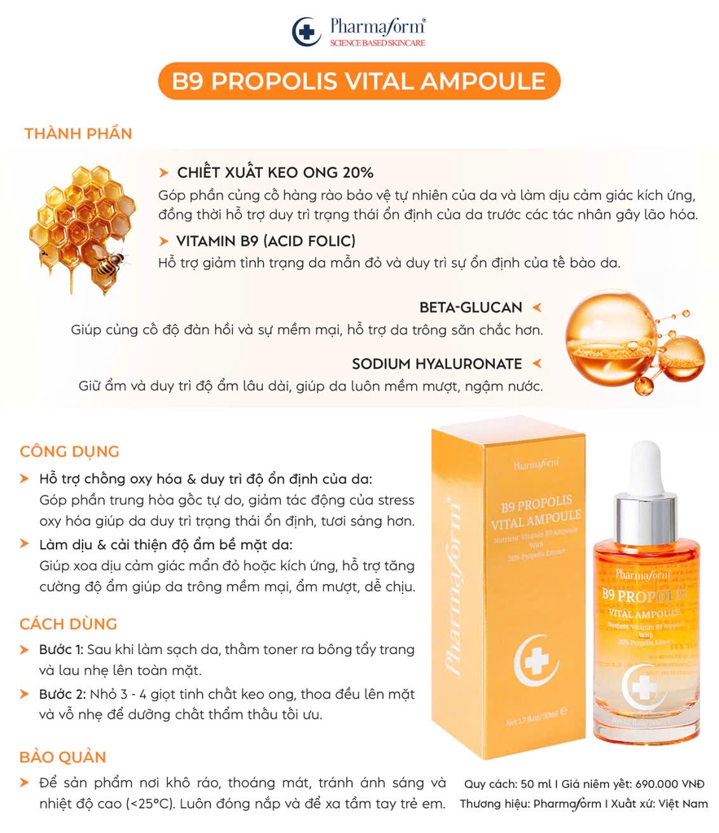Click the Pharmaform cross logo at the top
[306, 32]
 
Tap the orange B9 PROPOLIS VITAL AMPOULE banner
[359, 81]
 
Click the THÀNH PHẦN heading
[78, 133]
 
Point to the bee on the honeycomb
[108, 262]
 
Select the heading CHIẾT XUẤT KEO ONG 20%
[275, 172]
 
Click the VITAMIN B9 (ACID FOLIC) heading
[265, 241]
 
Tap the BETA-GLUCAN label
[471, 307]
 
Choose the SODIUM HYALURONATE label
[436, 364]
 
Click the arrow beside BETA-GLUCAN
[537, 307]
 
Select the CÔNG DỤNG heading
[70, 451]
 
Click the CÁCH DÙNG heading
[68, 624]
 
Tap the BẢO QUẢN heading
[64, 757]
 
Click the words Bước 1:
[61, 649]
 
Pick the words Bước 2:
[61, 694]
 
